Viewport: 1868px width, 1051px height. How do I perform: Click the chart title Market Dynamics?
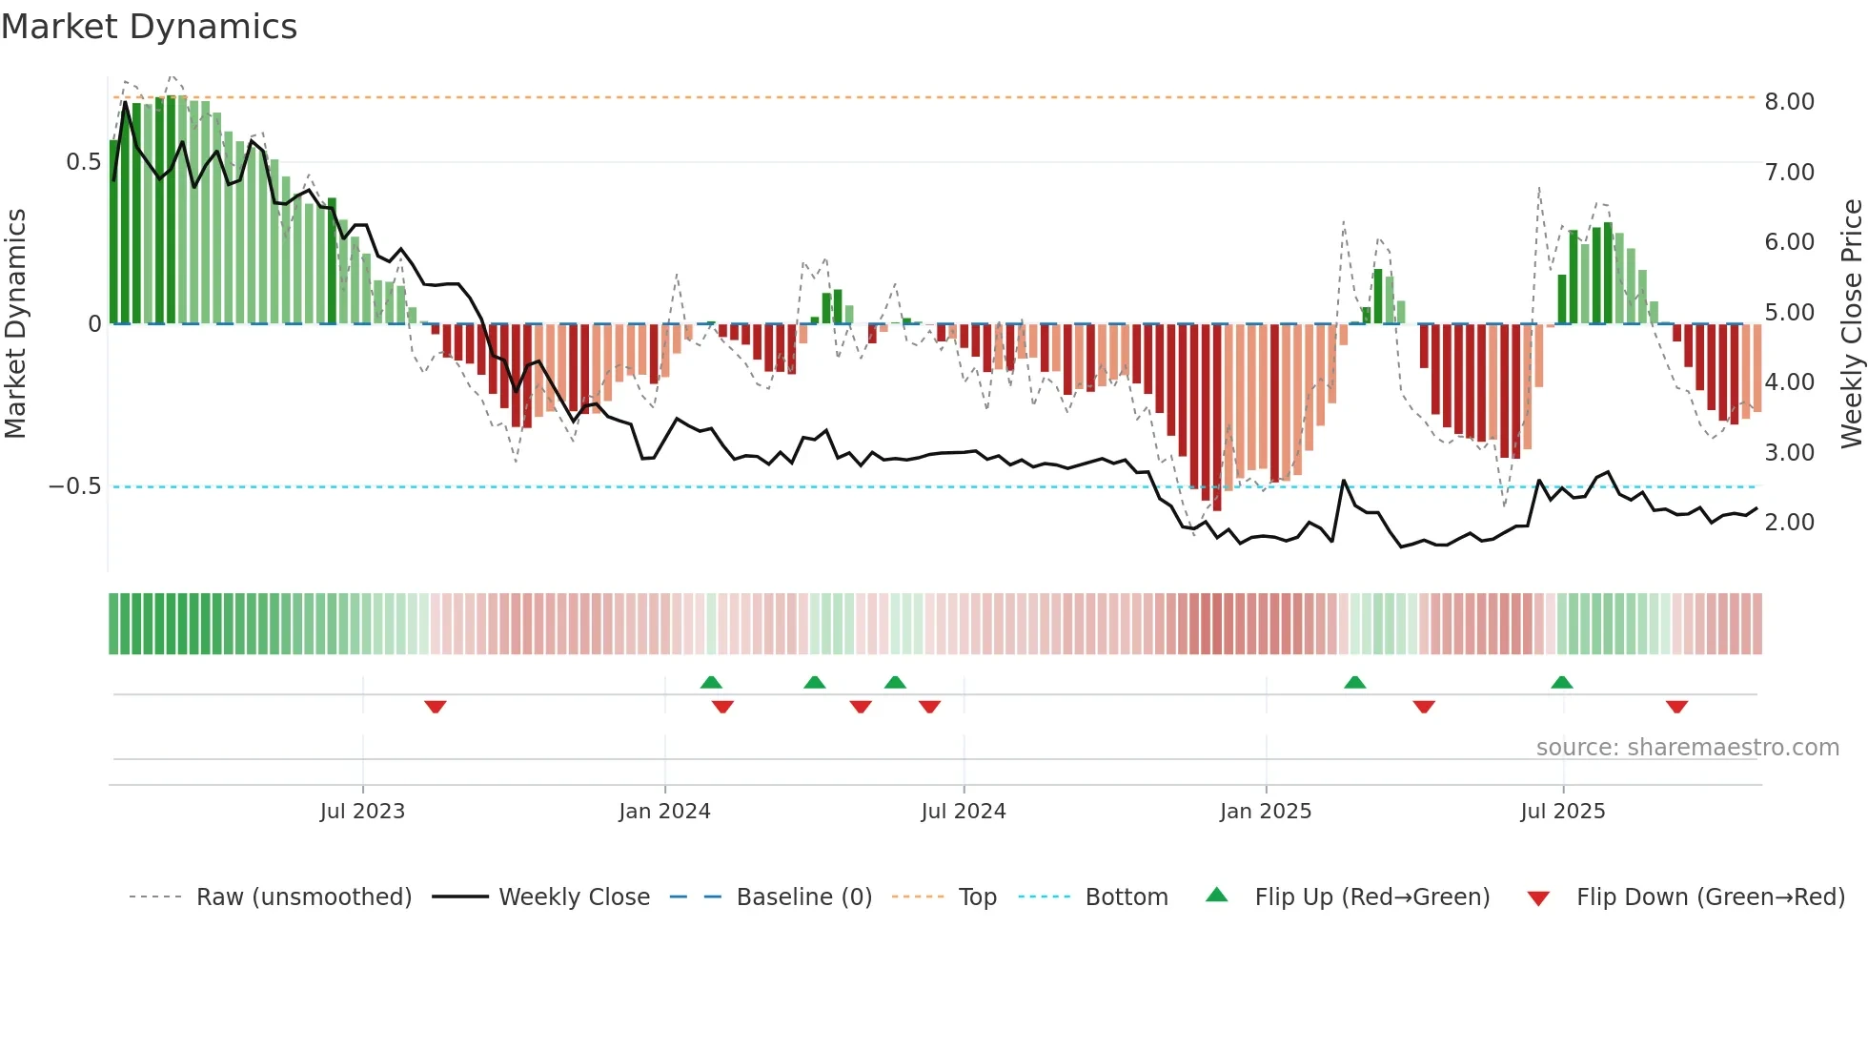click(149, 27)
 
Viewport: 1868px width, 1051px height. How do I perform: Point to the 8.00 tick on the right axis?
click(1789, 102)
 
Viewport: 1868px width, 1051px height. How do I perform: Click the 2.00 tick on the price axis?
click(1789, 523)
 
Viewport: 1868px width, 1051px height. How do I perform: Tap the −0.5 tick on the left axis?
click(75, 486)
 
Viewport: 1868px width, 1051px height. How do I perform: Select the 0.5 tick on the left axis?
click(83, 162)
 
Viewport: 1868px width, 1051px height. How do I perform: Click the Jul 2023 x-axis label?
click(362, 812)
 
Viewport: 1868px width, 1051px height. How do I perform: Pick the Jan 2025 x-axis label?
click(1266, 812)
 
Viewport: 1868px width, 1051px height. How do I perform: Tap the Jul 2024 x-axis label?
click(964, 812)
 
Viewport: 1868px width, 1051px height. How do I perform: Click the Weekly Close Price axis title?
click(1851, 323)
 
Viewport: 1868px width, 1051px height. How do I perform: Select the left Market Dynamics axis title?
click(16, 323)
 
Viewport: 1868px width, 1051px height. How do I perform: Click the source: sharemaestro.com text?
click(1687, 748)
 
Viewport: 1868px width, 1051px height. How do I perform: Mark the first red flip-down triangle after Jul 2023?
click(436, 707)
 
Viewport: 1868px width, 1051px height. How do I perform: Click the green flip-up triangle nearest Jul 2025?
click(1561, 682)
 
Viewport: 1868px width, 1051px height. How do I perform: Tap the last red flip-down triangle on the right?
click(1676, 707)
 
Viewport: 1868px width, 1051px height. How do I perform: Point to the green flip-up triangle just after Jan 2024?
click(711, 682)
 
